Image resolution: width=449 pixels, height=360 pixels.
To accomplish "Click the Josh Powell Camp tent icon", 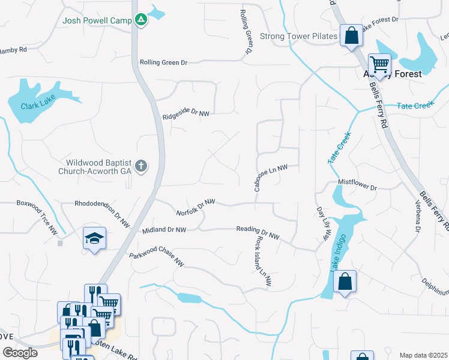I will (141, 20).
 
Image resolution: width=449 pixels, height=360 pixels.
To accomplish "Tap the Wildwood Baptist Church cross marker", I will (141, 166).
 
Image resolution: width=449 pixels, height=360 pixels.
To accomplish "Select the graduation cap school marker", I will (94, 239).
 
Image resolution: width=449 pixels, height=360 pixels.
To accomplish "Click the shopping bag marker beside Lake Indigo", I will (345, 282).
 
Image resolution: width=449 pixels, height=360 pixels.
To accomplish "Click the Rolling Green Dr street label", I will (163, 62).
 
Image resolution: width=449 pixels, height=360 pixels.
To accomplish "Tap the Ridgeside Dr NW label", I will (186, 113).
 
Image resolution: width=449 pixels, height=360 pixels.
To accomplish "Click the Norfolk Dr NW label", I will (196, 208).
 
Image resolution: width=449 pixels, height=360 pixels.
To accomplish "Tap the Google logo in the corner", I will (19, 353).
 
